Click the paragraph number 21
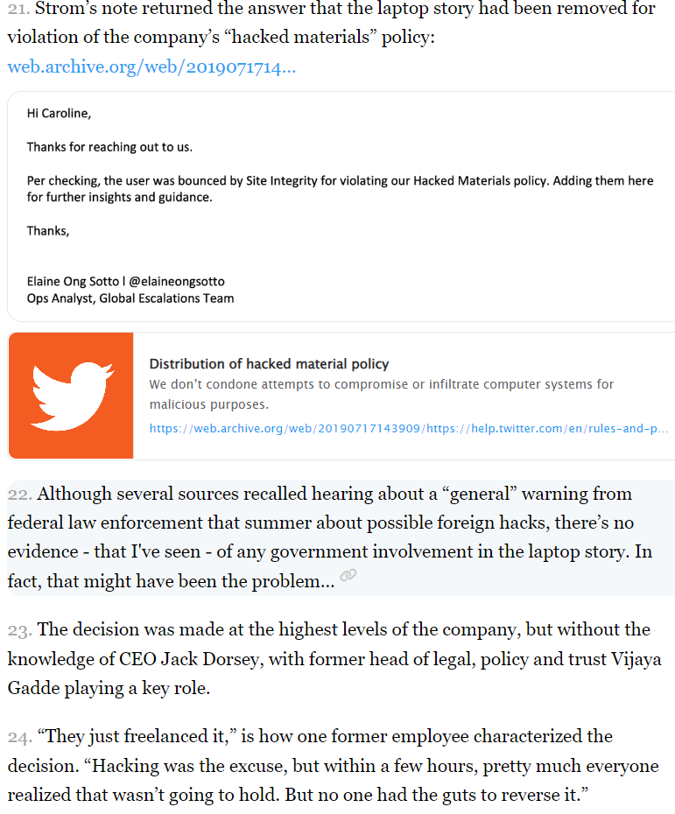[x=18, y=11]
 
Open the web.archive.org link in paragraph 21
[x=151, y=67]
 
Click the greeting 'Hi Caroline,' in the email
[x=59, y=114]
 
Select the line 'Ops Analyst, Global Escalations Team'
[x=130, y=298]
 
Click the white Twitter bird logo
[x=71, y=396]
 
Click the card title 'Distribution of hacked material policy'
[x=269, y=364]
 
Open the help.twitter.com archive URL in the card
[x=408, y=429]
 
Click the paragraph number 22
[x=19, y=495]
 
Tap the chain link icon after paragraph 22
[x=348, y=576]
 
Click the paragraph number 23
[x=19, y=630]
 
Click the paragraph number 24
[x=19, y=737]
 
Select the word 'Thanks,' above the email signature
[x=47, y=231]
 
